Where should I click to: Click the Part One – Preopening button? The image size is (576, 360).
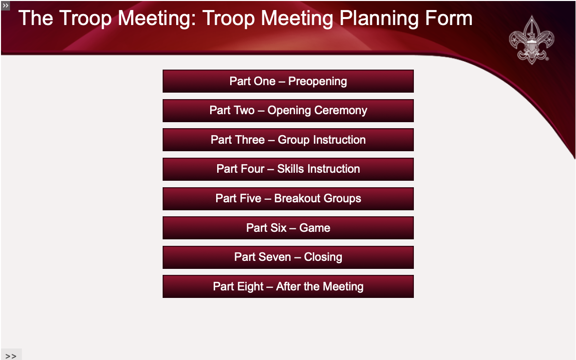(288, 81)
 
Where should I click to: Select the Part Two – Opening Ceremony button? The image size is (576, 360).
(288, 111)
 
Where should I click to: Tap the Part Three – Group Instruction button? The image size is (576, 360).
(288, 140)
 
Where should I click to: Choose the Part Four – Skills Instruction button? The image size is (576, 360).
(288, 169)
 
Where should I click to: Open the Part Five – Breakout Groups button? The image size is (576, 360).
(288, 199)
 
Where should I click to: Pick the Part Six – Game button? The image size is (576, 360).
(288, 228)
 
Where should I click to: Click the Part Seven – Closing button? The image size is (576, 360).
(288, 257)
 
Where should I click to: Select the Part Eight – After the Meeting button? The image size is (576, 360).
(288, 286)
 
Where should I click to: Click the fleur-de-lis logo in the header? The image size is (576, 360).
(531, 40)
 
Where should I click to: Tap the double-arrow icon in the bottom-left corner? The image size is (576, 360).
(11, 355)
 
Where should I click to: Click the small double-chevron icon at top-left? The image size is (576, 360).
(5, 5)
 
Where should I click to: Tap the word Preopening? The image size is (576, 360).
(317, 81)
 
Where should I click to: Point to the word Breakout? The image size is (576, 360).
(297, 199)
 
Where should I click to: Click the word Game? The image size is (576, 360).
(314, 228)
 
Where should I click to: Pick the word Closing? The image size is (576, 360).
(323, 257)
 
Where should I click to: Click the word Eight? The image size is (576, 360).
(251, 286)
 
